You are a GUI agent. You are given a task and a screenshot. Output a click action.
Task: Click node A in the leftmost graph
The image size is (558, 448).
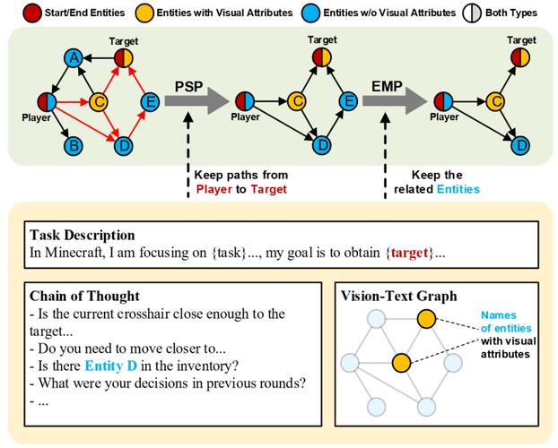pos(74,57)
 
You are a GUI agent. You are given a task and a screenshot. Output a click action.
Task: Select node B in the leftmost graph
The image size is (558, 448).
pos(74,146)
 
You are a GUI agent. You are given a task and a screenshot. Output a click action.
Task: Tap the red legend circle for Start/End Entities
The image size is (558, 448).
pos(32,13)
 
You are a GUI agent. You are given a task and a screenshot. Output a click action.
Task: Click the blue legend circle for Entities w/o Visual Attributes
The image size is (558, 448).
pos(310,13)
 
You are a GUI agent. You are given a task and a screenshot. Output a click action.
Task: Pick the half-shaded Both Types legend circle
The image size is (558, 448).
pos(472,13)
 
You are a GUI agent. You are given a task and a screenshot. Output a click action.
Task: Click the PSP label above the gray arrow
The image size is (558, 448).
pos(188,86)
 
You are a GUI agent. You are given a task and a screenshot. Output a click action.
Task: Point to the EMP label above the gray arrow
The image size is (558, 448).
pos(387,86)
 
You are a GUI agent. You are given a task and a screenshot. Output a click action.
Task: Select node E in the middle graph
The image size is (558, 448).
pos(348,101)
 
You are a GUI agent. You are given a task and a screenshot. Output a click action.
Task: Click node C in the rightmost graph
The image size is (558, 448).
pos(495,101)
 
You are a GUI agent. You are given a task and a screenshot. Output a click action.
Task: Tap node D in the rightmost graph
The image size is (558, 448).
pos(520,145)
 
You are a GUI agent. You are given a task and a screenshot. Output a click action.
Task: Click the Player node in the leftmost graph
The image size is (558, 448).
pos(47,101)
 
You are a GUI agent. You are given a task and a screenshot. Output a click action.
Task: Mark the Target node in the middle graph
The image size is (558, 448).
pos(322,57)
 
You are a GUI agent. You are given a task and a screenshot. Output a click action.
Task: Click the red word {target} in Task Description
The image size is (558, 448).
pos(410,253)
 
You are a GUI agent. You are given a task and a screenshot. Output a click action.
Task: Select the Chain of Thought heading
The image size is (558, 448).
pos(84,296)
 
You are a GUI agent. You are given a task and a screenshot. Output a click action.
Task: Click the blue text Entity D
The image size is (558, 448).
pos(111,366)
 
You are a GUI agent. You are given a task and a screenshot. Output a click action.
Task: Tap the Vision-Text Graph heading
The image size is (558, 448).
pos(399,296)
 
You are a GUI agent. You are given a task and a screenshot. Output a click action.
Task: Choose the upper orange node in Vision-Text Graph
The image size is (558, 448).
pos(426,319)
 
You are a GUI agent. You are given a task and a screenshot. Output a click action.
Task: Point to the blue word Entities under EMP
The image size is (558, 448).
pos(458,189)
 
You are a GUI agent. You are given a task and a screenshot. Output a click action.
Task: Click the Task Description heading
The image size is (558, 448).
pos(83,235)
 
